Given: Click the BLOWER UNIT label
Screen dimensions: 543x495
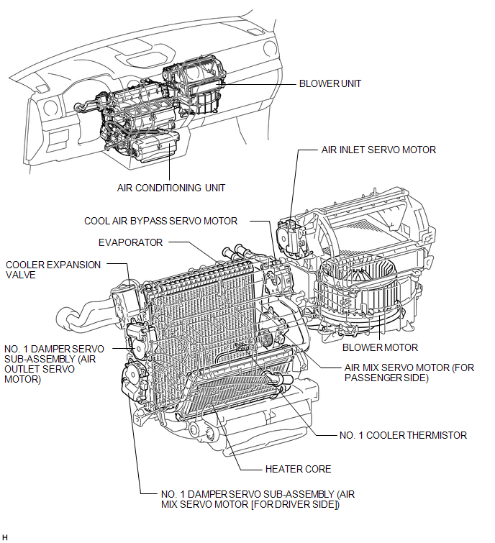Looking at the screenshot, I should coord(330,83).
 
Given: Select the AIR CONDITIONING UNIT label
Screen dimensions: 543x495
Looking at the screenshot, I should coord(171,188).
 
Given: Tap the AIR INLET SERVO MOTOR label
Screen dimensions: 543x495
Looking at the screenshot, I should coord(378,150).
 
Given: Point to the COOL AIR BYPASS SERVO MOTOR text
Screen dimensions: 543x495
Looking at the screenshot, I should coord(160,221).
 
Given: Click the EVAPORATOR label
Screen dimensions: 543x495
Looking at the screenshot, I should coord(131,242).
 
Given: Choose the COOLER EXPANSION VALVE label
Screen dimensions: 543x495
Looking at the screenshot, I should coord(53,269).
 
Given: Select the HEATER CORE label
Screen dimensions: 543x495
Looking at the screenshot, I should coord(298,469).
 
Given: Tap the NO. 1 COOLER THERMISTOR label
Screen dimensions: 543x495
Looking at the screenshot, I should coord(403,435).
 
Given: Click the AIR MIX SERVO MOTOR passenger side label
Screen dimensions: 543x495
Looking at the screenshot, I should coord(409,373).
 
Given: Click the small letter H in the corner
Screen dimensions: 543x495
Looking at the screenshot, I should coord(6,537).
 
